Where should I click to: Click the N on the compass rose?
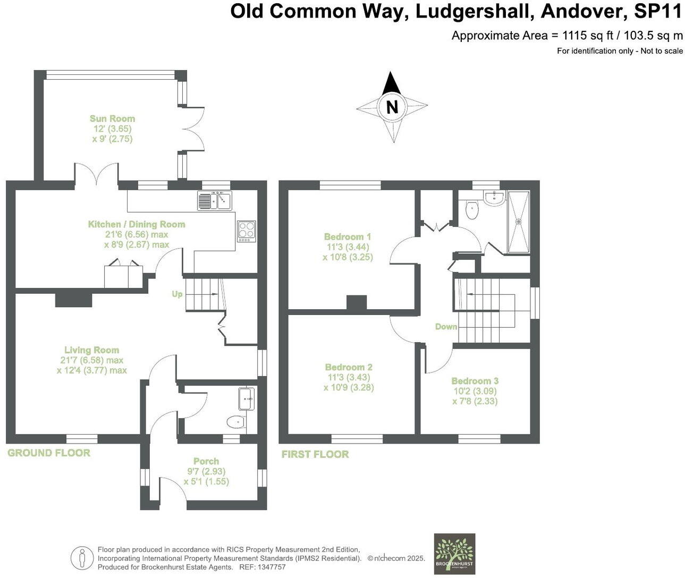pyautogui.click(x=392, y=107)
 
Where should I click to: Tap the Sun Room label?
pyautogui.click(x=112, y=118)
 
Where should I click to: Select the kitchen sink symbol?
pyautogui.click(x=215, y=201)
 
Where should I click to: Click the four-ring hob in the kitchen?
pyautogui.click(x=246, y=231)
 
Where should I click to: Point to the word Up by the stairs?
pyautogui.click(x=177, y=294)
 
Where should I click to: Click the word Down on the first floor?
pyautogui.click(x=446, y=326)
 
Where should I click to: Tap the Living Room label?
pyautogui.click(x=91, y=350)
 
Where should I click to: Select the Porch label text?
pyautogui.click(x=206, y=461)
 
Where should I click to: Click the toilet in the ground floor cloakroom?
pyautogui.click(x=235, y=422)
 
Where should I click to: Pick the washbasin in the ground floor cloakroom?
pyautogui.click(x=247, y=398)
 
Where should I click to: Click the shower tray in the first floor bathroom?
pyautogui.click(x=519, y=222)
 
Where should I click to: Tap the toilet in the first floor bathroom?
pyautogui.click(x=471, y=210)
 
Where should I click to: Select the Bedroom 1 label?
pyautogui.click(x=348, y=236)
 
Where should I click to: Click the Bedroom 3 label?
pyautogui.click(x=475, y=380)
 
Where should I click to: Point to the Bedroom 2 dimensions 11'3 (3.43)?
pyautogui.click(x=349, y=377)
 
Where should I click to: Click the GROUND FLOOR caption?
pyautogui.click(x=49, y=453)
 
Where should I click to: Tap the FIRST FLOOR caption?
pyautogui.click(x=315, y=454)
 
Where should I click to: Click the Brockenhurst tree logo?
pyautogui.click(x=454, y=553)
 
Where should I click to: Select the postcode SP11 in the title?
pyautogui.click(x=658, y=12)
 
